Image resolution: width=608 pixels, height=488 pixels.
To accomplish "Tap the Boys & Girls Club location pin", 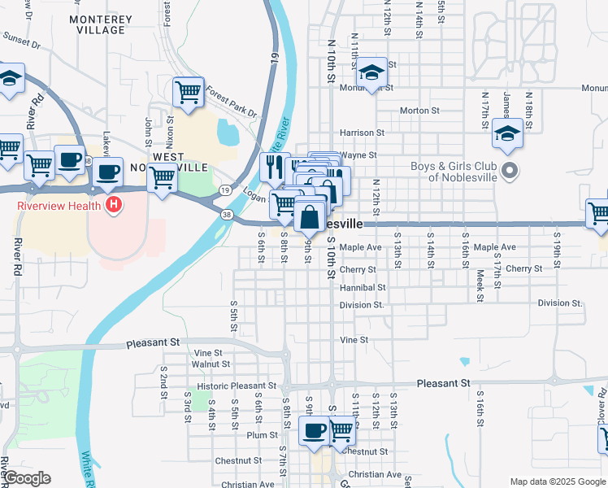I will point(510,171).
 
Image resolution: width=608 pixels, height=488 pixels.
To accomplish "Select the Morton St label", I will point(419,111).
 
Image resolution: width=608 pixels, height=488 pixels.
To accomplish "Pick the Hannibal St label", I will point(363,288).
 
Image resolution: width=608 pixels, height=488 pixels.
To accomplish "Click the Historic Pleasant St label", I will point(237,386).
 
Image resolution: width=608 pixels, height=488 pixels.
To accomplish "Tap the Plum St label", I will point(263,435).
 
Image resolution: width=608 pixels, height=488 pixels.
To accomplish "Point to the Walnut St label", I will point(211,364).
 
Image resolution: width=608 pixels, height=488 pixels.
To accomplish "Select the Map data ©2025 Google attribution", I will point(557,481).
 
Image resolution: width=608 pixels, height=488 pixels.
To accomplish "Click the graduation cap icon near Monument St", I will point(371,73).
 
